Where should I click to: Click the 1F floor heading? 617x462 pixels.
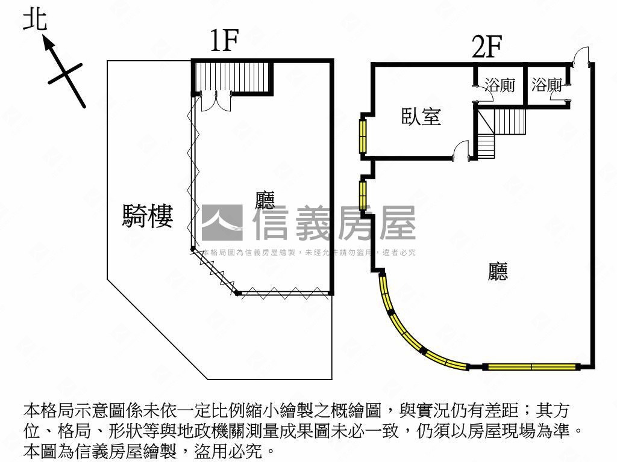224,42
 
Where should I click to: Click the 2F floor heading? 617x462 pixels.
487,47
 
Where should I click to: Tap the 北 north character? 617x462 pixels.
34,19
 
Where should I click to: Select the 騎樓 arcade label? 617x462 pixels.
148,216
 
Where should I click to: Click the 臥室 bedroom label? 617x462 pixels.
421,116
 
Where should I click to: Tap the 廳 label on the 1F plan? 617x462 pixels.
265,200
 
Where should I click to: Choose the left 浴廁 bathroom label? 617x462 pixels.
500,85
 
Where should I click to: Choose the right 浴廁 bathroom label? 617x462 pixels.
547,85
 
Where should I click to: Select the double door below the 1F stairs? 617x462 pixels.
215,101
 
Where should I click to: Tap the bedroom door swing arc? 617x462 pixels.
462,149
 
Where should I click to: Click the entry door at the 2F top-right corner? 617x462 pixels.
580,57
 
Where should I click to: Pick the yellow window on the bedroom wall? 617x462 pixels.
363,136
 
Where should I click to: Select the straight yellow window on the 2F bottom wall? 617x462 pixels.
531,366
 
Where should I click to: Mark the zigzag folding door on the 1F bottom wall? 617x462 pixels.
283,292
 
